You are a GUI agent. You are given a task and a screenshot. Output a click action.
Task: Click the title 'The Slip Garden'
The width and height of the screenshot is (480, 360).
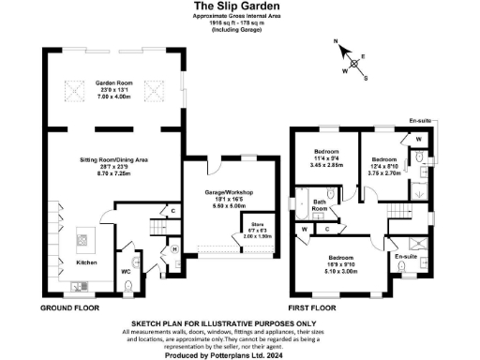[x=239, y=7]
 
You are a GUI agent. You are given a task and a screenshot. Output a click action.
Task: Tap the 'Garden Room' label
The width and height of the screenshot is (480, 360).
[x=113, y=83]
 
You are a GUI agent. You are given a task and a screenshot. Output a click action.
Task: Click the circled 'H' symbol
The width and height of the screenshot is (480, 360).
[x=176, y=249]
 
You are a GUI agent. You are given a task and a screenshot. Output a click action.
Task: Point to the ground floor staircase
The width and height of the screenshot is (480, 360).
[x=156, y=230]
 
